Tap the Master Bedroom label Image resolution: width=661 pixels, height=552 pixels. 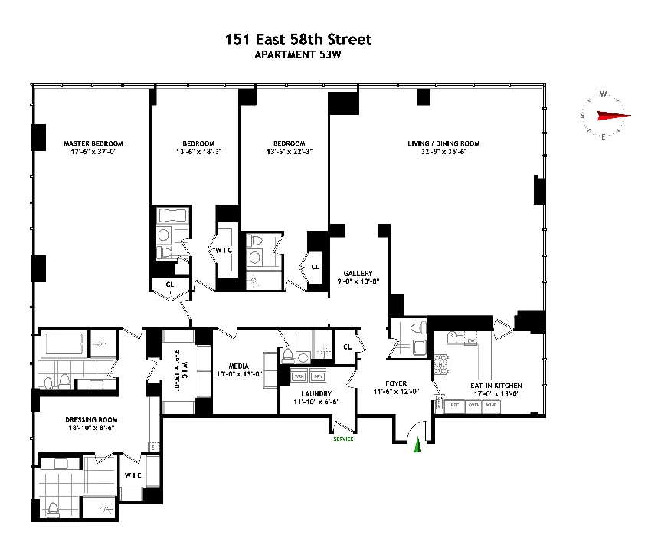pyautogui.click(x=93, y=143)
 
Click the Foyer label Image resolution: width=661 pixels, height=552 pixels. pyautogui.click(x=396, y=383)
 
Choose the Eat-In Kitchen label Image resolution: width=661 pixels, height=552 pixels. pyautogui.click(x=496, y=385)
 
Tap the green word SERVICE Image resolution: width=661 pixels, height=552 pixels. pyautogui.click(x=342, y=439)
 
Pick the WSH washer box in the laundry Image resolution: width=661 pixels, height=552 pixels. pyautogui.click(x=298, y=377)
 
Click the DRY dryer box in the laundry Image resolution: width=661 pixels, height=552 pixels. pyautogui.click(x=319, y=377)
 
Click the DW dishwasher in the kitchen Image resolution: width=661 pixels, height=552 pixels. pyautogui.click(x=471, y=340)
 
